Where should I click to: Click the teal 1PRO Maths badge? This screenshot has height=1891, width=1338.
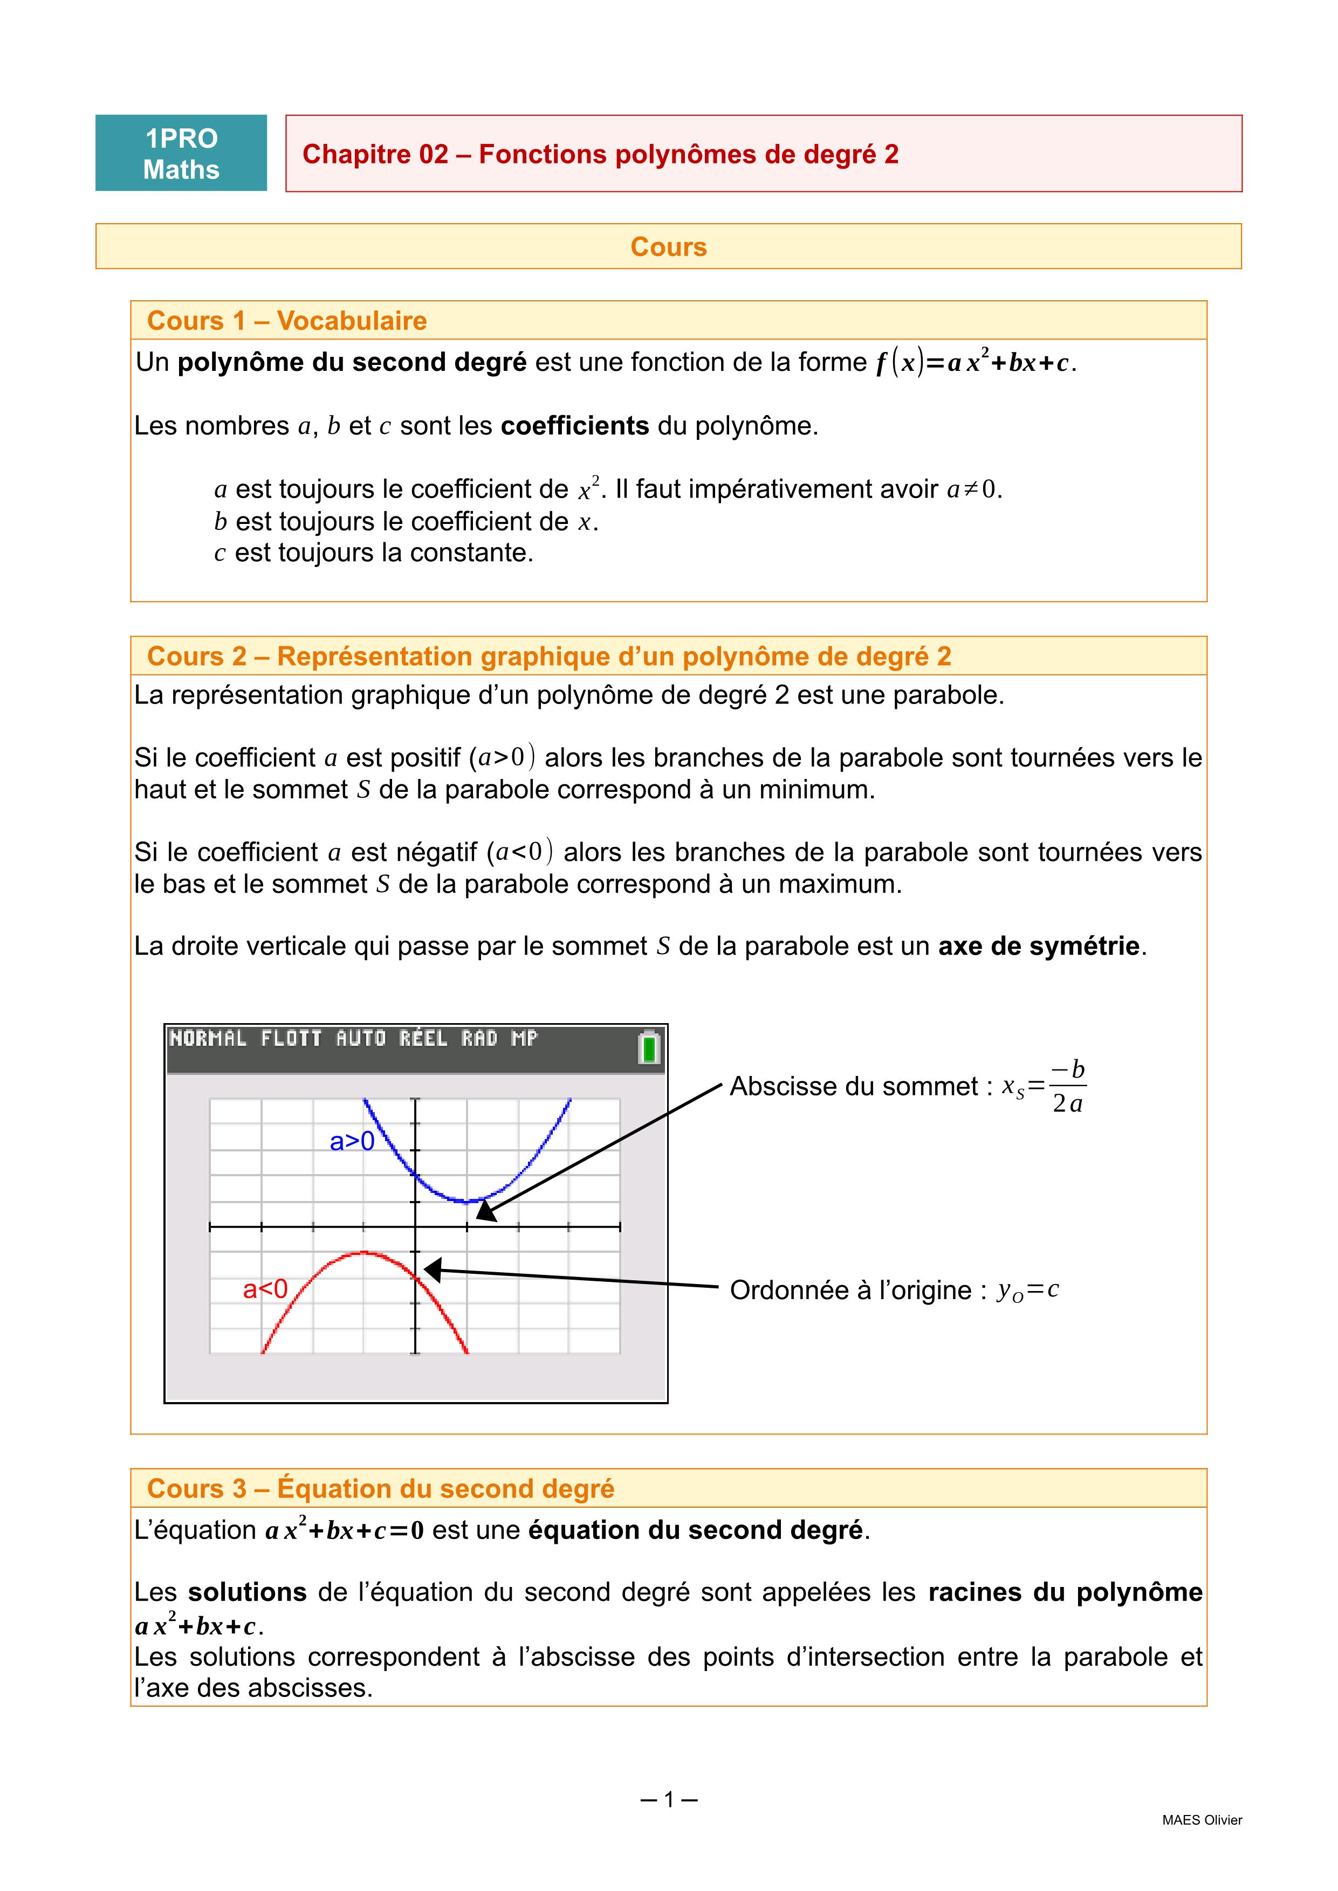(181, 153)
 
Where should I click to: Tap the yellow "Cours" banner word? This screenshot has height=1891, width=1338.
(668, 247)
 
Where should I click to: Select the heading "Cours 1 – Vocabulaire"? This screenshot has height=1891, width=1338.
(287, 320)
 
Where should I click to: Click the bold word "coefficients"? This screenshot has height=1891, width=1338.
(574, 426)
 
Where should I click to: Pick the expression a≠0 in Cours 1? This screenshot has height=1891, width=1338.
(972, 489)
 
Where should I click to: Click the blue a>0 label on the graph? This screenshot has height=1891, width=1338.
(352, 1142)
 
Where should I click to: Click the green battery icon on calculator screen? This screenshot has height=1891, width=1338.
(649, 1048)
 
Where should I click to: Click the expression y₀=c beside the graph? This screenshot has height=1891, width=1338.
(1027, 1290)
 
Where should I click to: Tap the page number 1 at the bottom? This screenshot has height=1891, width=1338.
(669, 1799)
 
